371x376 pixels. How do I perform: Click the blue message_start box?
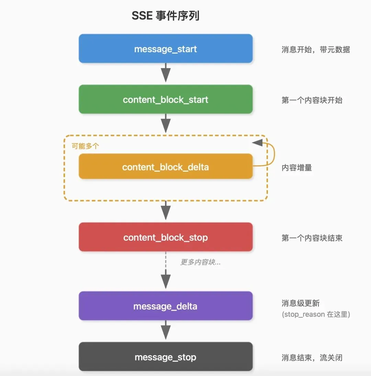tap(166, 49)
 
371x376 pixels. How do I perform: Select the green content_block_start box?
tap(166, 100)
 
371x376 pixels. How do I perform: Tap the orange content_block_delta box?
tap(166, 167)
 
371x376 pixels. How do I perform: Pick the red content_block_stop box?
tap(166, 237)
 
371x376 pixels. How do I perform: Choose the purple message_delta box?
tap(166, 306)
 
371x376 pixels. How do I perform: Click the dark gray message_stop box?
tap(166, 357)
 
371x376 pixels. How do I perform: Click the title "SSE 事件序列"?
tap(166, 16)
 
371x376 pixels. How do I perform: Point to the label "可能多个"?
tap(85, 146)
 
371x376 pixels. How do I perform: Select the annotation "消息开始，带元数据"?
tap(316, 49)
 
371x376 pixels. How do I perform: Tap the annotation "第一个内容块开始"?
tap(312, 100)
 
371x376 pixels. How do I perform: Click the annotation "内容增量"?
tap(297, 168)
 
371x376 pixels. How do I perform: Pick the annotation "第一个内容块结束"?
tap(312, 238)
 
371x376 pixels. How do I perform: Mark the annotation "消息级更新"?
tap(301, 303)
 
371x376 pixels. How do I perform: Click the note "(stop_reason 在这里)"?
tap(316, 314)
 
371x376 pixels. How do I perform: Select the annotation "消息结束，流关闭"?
tap(312, 357)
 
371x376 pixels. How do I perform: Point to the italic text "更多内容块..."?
tap(201, 262)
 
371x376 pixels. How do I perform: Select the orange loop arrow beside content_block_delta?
tap(271, 155)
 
